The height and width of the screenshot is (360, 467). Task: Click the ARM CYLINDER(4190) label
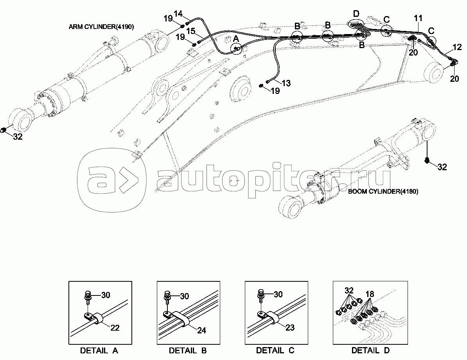click(x=101, y=27)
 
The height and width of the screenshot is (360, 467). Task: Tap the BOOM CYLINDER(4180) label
click(x=383, y=191)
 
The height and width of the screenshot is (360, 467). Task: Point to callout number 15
click(x=190, y=31)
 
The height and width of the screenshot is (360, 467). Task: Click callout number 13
click(x=286, y=83)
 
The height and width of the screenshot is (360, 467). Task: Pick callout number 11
click(x=418, y=18)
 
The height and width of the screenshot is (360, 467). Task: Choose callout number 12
click(x=456, y=48)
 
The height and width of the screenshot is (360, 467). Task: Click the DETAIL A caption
click(x=99, y=350)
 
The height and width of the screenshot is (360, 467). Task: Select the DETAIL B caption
click(x=187, y=350)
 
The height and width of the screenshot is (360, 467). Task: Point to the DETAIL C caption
click(x=275, y=350)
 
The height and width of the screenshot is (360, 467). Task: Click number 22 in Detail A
click(x=115, y=328)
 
